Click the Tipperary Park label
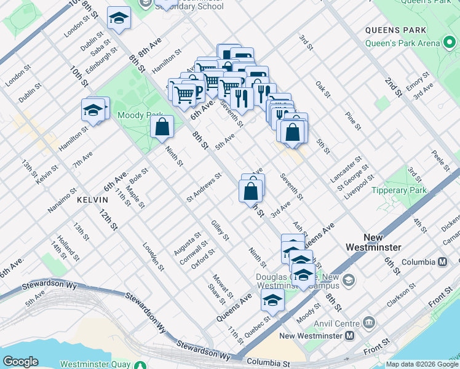coord(399,191)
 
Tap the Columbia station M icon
coord(442,262)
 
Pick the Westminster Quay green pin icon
coord(140,363)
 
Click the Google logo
coord(20,361)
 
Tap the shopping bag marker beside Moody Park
coord(162,128)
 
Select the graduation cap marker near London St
coord(119,18)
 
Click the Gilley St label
coord(220,230)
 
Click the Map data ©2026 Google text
coord(421,364)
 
